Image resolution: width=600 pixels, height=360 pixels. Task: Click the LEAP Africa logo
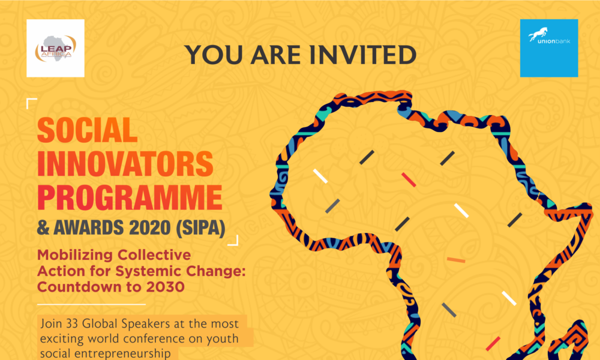click(55, 48)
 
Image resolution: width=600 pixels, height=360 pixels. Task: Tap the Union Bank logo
click(548, 48)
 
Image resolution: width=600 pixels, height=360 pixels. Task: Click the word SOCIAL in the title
click(88, 130)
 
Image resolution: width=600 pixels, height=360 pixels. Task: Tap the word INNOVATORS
click(125, 164)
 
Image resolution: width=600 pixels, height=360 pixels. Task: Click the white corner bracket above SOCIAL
click(32, 103)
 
